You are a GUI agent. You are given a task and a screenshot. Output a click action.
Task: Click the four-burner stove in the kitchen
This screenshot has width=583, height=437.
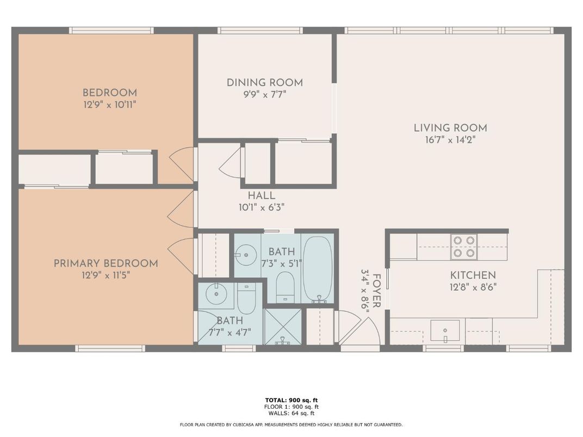(463, 247)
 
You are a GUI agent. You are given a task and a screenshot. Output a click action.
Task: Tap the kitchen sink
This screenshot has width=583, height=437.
(445, 330)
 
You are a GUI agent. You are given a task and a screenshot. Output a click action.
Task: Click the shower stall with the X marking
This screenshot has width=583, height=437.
(282, 326)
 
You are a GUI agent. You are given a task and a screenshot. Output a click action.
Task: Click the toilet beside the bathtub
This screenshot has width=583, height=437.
(285, 288)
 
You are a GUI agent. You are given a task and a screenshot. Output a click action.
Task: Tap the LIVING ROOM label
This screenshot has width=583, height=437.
(450, 128)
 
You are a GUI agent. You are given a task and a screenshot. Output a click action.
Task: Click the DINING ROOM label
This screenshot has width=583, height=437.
(265, 83)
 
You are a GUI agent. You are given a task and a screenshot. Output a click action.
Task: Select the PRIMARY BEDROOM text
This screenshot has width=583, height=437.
(106, 264)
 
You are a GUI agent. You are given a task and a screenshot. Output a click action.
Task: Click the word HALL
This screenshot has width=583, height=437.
(262, 196)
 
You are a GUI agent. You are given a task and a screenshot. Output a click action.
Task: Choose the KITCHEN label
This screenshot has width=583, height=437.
(473, 275)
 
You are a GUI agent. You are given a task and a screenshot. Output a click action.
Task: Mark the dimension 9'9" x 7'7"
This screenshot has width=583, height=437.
(264, 95)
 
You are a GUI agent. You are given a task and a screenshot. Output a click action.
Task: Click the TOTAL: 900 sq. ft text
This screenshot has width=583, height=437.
(291, 400)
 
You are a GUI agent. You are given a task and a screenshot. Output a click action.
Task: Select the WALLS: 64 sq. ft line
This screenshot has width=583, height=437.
(291, 413)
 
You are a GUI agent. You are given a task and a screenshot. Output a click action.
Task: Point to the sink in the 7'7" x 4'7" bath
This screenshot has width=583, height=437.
(217, 294)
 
